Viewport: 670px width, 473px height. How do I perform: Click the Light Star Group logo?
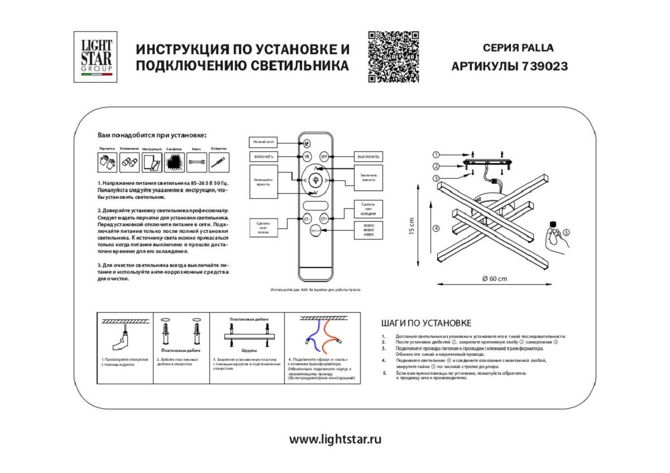[95, 57]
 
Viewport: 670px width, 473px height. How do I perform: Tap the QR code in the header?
[393, 57]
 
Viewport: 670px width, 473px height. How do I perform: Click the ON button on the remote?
[307, 156]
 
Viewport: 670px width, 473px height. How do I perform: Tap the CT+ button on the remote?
[324, 219]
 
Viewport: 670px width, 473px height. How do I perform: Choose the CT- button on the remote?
[307, 219]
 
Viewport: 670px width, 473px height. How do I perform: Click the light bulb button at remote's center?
[315, 180]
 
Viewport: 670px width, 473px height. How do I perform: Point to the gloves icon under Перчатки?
[107, 163]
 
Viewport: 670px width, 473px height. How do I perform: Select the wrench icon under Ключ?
[197, 163]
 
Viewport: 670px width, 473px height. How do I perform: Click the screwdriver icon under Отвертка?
[218, 163]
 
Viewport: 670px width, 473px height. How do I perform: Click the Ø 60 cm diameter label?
[494, 279]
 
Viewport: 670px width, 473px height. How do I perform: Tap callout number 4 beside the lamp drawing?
[436, 228]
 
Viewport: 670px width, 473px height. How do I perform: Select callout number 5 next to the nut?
[566, 232]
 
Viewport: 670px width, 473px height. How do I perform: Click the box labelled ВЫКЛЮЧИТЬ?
[368, 157]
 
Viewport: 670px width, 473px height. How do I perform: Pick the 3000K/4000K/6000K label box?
[368, 230]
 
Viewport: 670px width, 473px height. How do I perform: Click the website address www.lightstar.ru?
[335, 439]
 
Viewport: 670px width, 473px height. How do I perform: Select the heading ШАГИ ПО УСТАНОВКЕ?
[426, 323]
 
